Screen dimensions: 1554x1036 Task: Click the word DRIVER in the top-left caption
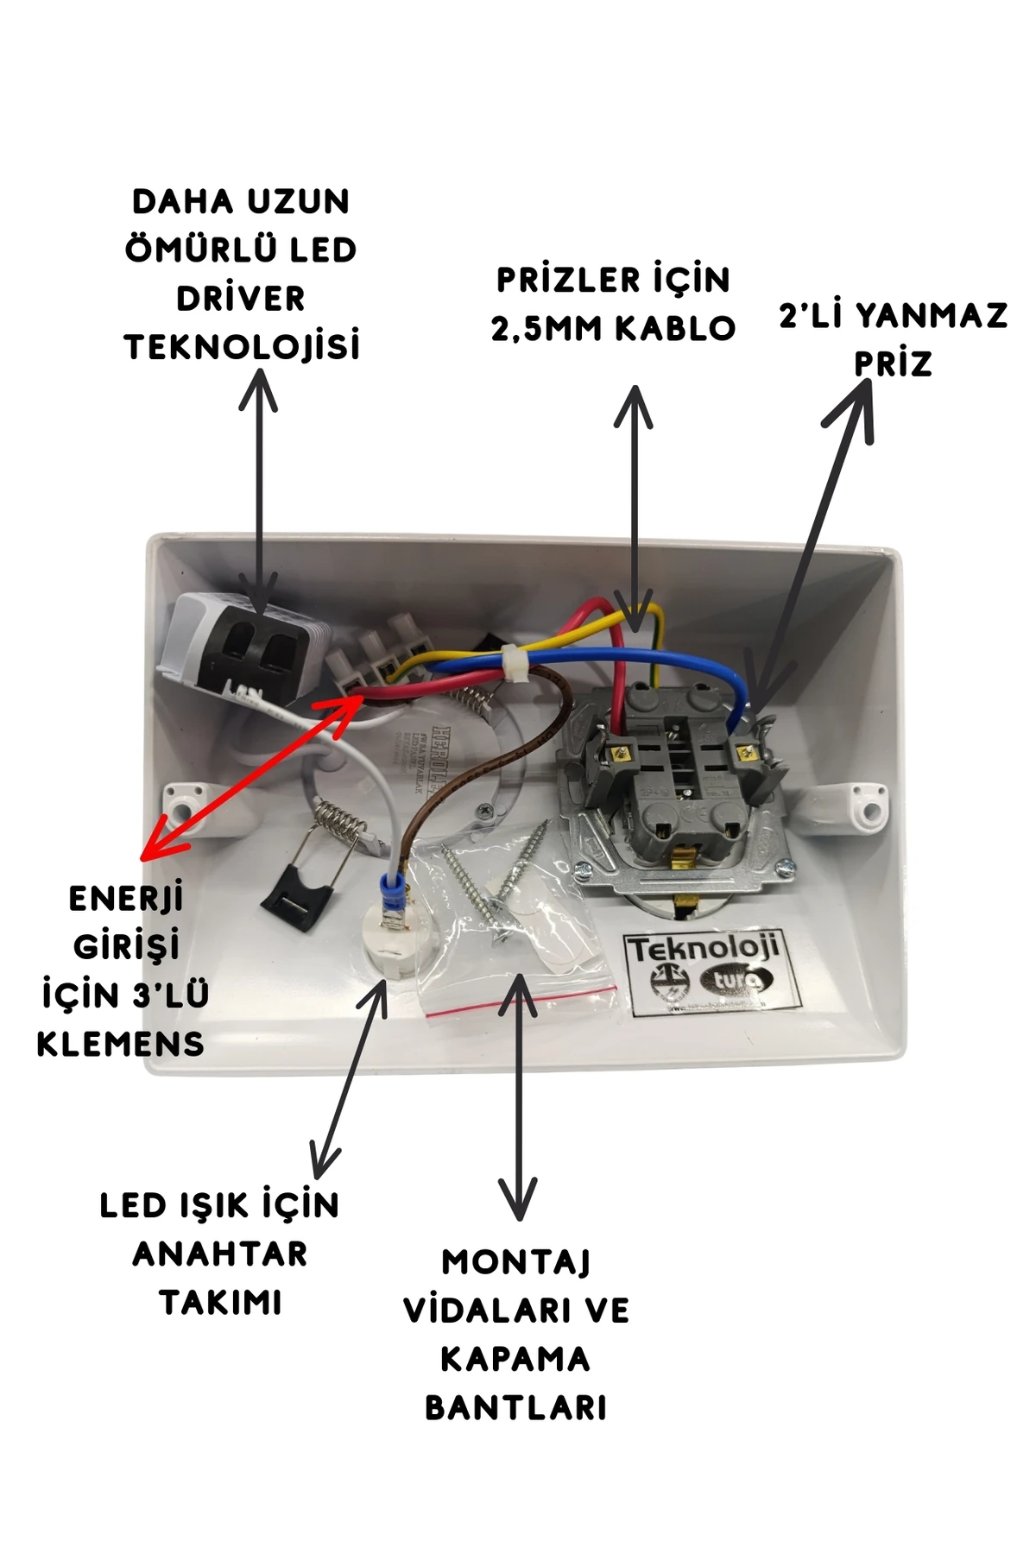tap(241, 299)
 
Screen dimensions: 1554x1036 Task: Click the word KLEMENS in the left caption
tap(120, 1044)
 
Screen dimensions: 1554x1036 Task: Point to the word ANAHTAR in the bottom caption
tap(219, 1254)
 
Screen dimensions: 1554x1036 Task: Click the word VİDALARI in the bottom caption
tap(481, 1311)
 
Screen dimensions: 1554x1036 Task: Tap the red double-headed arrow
tap(250, 777)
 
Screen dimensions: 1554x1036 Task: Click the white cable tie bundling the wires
tap(516, 663)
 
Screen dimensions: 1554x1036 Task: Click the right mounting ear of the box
tap(865, 802)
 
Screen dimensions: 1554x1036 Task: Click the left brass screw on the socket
tap(618, 753)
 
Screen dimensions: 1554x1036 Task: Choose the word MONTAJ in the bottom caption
tap(515, 1262)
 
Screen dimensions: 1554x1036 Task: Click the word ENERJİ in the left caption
tap(126, 899)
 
